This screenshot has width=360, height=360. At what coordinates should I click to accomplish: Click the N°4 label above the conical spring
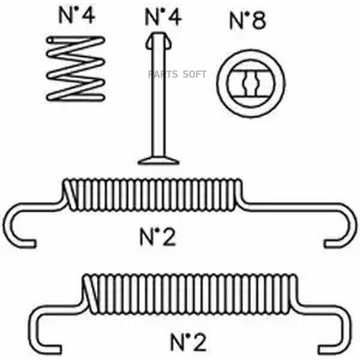click(76, 16)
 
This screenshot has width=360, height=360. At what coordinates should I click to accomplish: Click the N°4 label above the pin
click(163, 16)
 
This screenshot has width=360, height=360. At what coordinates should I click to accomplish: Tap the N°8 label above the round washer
click(248, 21)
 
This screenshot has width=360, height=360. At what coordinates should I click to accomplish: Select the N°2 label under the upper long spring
click(158, 237)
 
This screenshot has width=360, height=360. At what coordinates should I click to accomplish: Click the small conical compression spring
click(76, 68)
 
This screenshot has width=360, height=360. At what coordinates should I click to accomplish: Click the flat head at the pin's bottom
click(158, 161)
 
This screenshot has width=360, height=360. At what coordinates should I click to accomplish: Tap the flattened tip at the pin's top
click(158, 41)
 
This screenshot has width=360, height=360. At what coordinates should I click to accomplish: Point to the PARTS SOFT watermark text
click(177, 74)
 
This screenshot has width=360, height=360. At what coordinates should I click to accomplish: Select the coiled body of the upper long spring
click(152, 195)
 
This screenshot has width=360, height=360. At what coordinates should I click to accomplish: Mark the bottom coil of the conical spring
click(76, 96)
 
